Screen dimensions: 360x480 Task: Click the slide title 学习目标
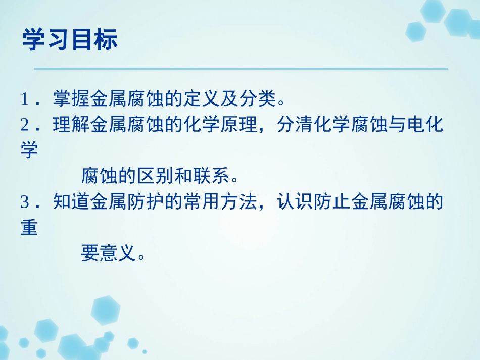tap(70, 40)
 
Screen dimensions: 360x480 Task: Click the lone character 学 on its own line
tap(29, 151)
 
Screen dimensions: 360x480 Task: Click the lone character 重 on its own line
tap(29, 228)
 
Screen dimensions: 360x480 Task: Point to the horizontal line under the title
tap(241, 69)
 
